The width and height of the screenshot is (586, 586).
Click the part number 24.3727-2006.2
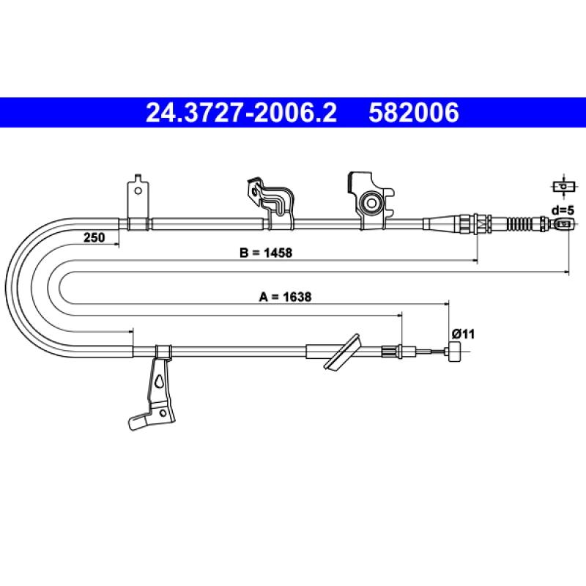point(241,113)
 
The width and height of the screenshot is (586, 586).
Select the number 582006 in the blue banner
point(414,113)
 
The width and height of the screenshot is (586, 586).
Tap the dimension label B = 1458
point(266,253)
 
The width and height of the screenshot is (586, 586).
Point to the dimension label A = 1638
point(285,297)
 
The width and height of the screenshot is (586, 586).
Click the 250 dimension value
point(94,237)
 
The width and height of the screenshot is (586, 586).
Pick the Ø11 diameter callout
point(463,334)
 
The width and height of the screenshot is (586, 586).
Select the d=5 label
point(563,210)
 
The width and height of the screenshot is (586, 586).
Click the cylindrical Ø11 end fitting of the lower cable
point(454,352)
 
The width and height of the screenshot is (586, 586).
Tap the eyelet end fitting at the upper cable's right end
point(564,224)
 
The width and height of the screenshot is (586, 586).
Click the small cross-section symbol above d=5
point(563,186)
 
